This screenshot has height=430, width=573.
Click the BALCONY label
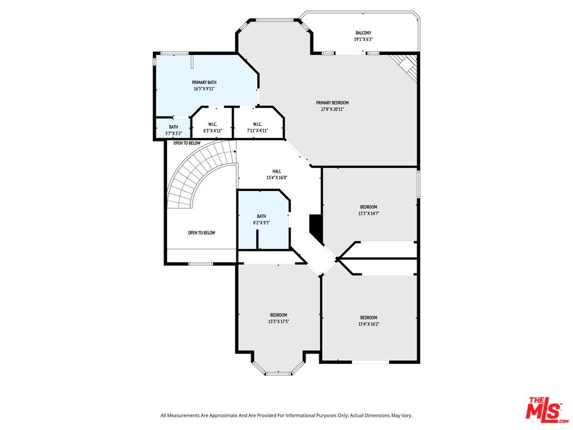(x=363, y=33)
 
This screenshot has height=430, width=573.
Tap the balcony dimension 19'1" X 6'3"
(x=363, y=39)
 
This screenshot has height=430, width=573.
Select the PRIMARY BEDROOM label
(x=332, y=103)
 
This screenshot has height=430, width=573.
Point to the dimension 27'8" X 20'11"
(x=332, y=109)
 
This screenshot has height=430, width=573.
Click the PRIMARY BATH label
(x=204, y=82)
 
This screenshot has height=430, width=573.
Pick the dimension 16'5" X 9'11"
(x=204, y=88)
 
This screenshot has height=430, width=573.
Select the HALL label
(x=276, y=171)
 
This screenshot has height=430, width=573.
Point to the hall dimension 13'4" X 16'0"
(x=276, y=177)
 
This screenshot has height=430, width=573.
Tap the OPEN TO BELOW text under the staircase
(x=201, y=233)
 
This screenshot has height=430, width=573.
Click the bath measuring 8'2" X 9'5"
(x=261, y=219)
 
